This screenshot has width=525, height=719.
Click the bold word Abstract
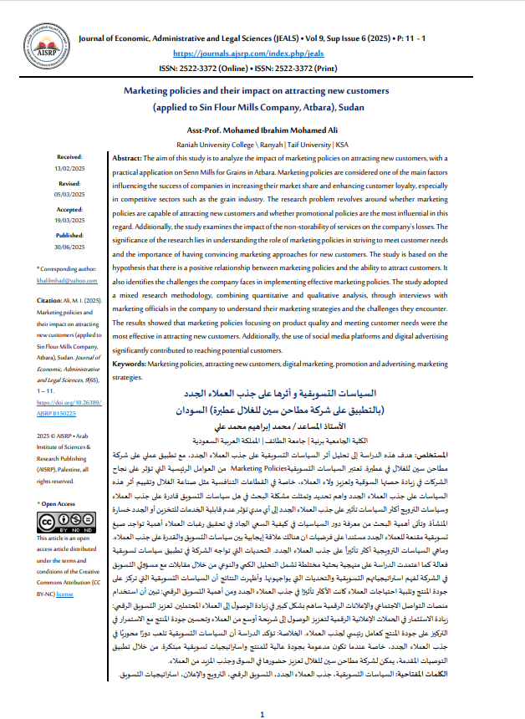point(127,157)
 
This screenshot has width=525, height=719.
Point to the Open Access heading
point(59,504)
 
